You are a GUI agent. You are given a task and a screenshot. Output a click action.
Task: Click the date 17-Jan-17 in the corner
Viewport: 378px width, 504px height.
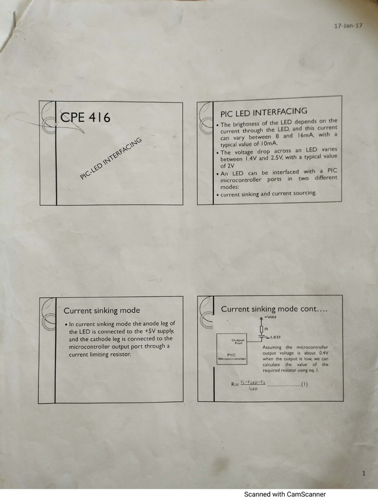click(348, 25)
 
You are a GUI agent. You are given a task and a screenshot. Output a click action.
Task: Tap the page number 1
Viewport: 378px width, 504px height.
click(363, 473)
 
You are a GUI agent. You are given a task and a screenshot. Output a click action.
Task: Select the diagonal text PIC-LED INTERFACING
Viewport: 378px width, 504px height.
click(111, 158)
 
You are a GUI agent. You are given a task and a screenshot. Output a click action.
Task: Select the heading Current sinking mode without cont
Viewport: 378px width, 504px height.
click(101, 311)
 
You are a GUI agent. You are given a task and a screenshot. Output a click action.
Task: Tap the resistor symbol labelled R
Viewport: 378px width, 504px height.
click(262, 328)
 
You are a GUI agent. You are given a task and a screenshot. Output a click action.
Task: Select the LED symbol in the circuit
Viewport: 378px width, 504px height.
click(262, 337)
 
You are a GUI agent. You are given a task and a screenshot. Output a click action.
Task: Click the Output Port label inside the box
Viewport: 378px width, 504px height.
click(238, 341)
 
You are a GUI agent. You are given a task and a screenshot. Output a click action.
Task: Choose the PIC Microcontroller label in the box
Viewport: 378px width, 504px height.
click(232, 357)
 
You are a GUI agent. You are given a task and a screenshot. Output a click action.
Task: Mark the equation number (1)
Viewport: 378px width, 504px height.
click(305, 385)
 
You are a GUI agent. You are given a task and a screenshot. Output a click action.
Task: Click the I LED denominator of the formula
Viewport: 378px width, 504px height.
click(252, 389)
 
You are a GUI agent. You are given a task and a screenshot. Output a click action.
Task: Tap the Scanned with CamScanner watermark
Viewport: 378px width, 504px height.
click(285, 494)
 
